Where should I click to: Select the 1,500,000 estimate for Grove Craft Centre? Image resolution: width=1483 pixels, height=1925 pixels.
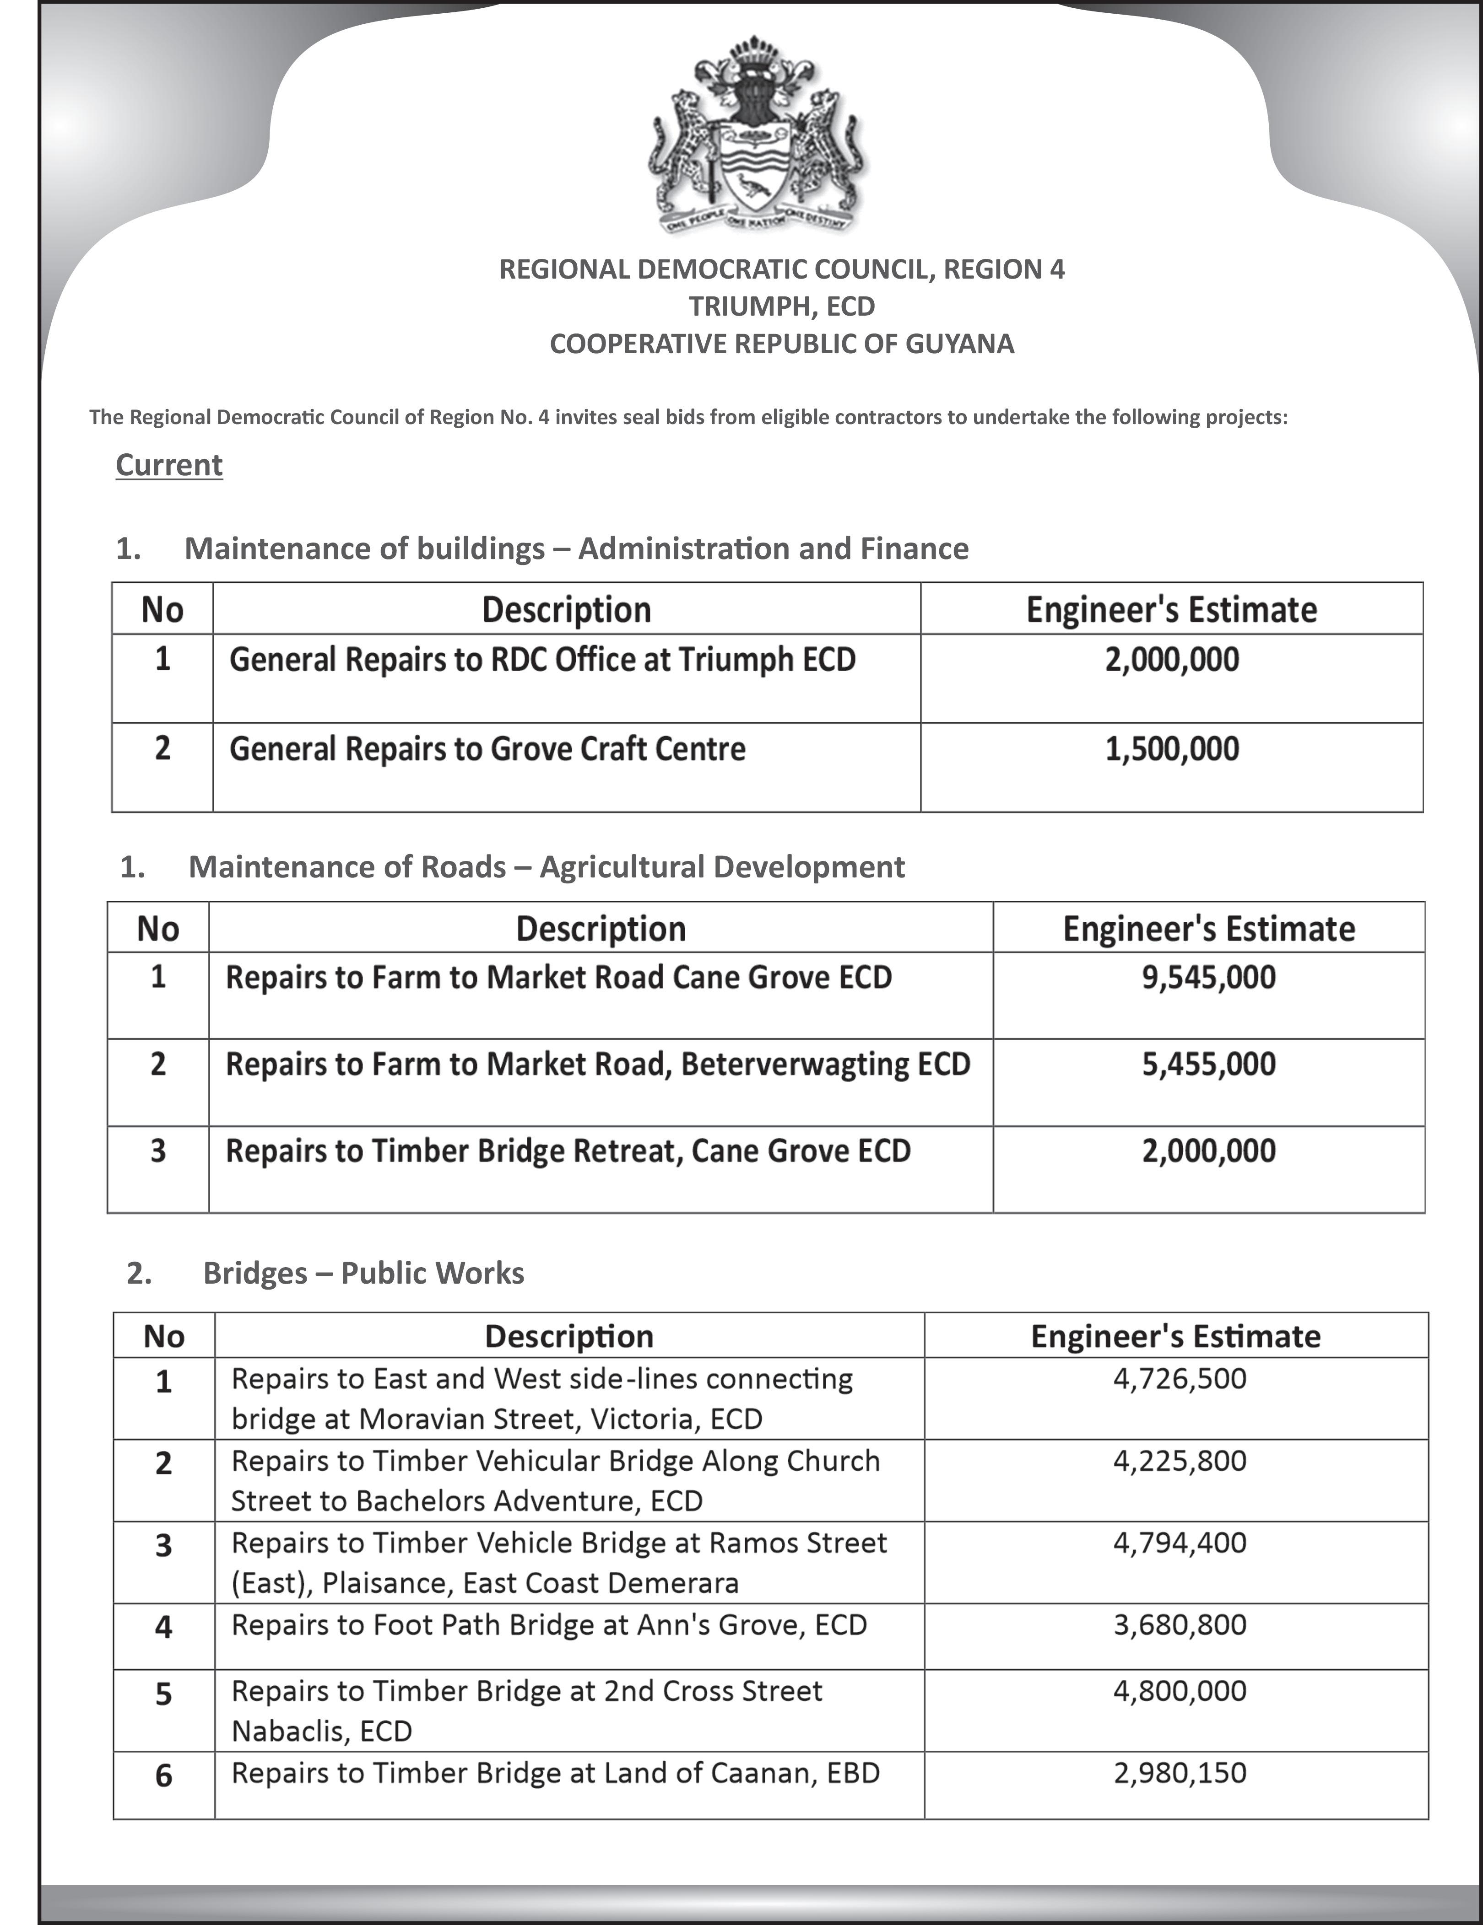tap(1172, 749)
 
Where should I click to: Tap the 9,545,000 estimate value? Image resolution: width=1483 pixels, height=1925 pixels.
tap(1208, 978)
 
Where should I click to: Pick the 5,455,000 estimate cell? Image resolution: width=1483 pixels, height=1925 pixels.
tap(1208, 1064)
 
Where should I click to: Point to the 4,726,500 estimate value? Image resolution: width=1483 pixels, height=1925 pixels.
tap(1180, 1378)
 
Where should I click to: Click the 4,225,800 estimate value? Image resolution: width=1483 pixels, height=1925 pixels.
tap(1180, 1461)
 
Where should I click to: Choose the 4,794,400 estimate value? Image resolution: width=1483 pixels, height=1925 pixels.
tap(1180, 1543)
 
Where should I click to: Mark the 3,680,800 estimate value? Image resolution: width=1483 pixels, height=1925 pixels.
tap(1180, 1624)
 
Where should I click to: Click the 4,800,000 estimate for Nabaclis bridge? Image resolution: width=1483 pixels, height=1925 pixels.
tap(1180, 1690)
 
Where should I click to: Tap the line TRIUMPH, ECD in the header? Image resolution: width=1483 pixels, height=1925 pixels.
tap(781, 307)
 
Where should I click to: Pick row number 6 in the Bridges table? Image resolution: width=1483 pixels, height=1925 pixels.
tap(163, 1775)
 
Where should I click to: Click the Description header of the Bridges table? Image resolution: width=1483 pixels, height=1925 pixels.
tap(568, 1336)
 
